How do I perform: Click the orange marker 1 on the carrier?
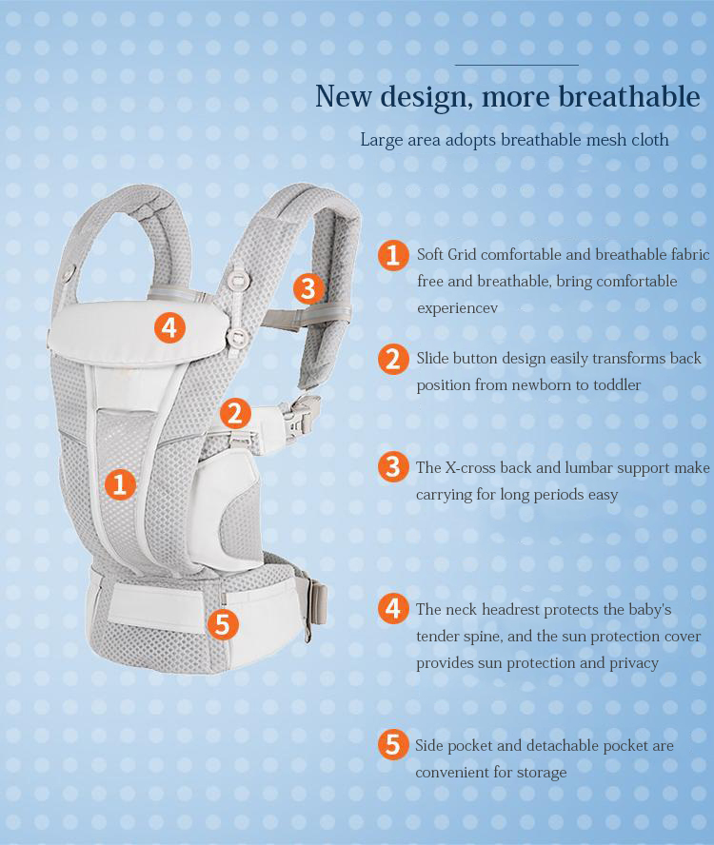tap(120, 483)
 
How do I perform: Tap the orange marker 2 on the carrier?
tap(235, 413)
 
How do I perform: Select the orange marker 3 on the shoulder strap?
tap(308, 288)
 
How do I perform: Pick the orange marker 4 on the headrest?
tap(169, 328)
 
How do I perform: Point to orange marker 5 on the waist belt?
tap(223, 624)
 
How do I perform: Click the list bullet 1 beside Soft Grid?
tap(393, 255)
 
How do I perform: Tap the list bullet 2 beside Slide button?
tap(393, 359)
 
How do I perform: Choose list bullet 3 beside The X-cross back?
tap(393, 466)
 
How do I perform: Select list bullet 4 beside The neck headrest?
tap(393, 608)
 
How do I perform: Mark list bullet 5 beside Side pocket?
tap(393, 745)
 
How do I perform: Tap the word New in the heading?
tap(344, 96)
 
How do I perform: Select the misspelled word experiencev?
tap(457, 308)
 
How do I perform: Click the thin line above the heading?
tap(517, 65)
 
